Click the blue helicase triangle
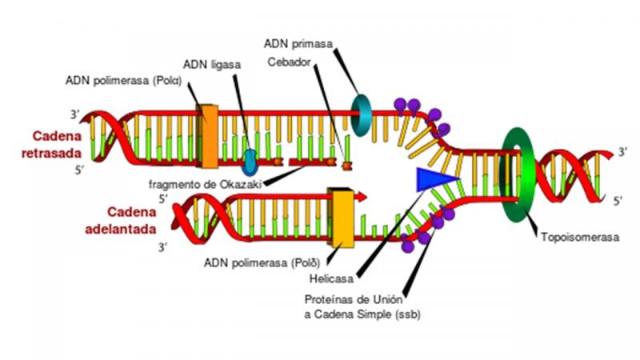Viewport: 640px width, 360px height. coord(433,179)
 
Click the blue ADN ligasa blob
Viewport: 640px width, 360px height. coord(250,162)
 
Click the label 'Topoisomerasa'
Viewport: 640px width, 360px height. coord(580,237)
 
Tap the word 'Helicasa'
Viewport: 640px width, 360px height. coord(331,279)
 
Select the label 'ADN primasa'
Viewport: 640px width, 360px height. coord(298,44)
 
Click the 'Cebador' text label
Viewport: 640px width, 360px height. coord(289,62)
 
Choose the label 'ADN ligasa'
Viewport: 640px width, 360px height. coord(212,65)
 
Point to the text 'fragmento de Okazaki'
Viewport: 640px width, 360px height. coord(205,185)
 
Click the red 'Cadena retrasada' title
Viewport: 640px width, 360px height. coord(52,145)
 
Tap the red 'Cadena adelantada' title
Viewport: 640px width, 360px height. coord(121,221)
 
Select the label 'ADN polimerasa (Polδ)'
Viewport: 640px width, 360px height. coord(262,263)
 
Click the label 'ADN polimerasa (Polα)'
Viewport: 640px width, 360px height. coord(123,81)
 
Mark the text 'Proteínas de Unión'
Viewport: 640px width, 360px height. coord(354,299)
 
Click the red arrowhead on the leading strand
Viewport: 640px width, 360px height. coord(362,197)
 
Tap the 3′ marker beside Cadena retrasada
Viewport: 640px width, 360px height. coord(74,114)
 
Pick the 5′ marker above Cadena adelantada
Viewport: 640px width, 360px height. coord(163,198)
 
